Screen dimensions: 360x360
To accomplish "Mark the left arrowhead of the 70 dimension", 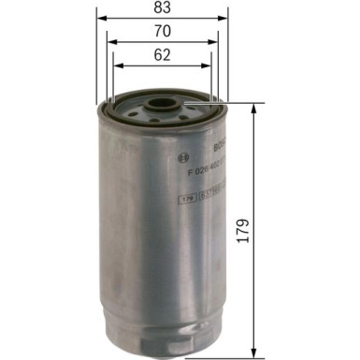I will pos(110,42).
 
